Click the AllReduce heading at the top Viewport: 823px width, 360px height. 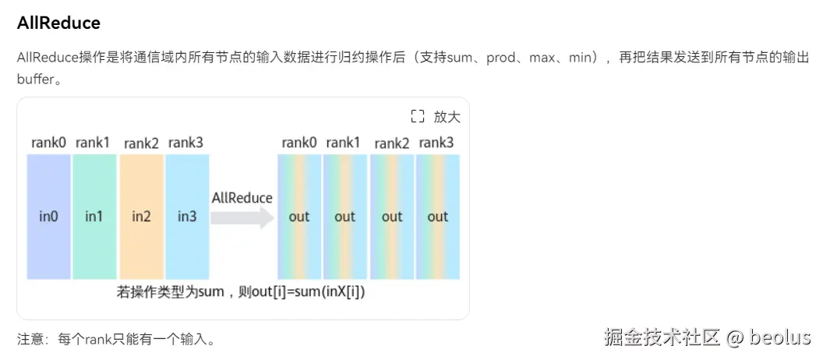58,23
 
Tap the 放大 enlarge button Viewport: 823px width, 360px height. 447,117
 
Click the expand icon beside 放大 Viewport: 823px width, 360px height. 418,117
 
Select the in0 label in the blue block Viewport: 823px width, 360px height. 48,217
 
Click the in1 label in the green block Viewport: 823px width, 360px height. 94,217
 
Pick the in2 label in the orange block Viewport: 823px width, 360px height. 141,217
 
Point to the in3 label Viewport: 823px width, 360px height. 187,217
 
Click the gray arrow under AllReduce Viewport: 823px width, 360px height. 242,218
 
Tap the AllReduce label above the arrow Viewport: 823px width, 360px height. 242,198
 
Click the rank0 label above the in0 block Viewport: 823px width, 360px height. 48,143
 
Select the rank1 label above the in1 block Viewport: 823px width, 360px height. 94,143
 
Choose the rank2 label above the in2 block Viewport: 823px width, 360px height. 141,143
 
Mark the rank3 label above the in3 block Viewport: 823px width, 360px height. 186,143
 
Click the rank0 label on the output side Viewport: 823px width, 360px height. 299,143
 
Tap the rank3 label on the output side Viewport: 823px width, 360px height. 436,143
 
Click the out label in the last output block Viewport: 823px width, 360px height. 437,217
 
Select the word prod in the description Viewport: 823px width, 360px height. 501,58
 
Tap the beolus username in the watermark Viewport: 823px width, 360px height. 780,337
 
